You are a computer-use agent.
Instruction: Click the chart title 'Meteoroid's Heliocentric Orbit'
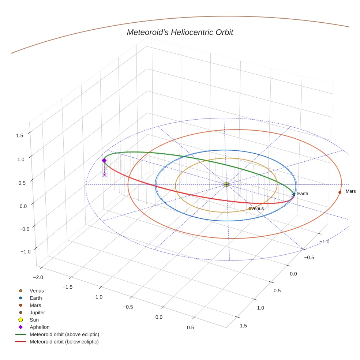[180, 33]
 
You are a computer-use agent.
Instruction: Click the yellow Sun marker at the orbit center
[226, 184]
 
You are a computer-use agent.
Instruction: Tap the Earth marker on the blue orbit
[294, 194]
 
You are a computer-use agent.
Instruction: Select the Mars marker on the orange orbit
[340, 192]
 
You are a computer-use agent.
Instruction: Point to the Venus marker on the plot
[250, 209]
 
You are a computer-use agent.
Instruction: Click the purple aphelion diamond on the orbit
[104, 160]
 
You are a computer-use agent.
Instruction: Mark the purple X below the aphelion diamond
[105, 175]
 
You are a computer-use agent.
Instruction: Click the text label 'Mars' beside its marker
[350, 191]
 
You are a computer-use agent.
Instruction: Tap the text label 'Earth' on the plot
[303, 194]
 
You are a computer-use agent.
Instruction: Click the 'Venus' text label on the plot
[258, 209]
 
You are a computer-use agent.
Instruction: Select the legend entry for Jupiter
[37, 312]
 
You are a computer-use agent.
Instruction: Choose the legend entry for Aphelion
[40, 327]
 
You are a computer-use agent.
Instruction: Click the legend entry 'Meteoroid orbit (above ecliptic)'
[64, 334]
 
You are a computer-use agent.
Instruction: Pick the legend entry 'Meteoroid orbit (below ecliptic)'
[64, 342]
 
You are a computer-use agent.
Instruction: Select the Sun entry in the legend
[34, 320]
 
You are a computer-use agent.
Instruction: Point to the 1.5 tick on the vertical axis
[19, 135]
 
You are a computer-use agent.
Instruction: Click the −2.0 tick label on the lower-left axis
[38, 277]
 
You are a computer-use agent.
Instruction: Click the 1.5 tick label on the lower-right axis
[243, 326]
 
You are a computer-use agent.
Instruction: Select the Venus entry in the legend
[37, 291]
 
